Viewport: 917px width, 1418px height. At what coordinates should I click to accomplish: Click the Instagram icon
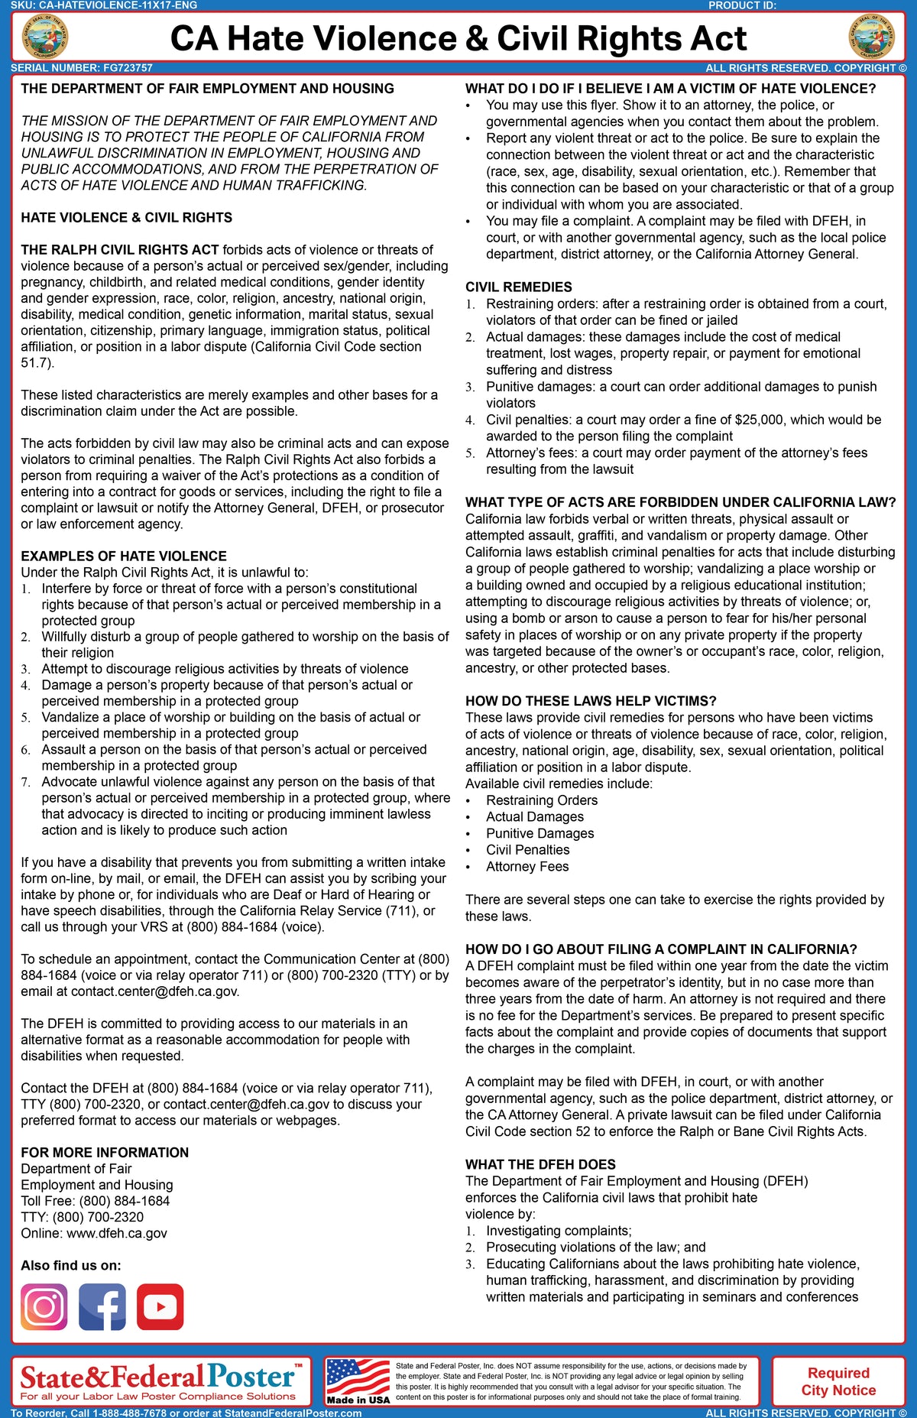click(44, 1306)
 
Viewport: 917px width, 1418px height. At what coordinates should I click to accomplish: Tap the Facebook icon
click(102, 1306)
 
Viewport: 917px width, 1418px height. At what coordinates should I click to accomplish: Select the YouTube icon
click(160, 1306)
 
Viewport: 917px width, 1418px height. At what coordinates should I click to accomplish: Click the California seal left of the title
click(45, 37)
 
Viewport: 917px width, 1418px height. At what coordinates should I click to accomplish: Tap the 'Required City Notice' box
click(838, 1381)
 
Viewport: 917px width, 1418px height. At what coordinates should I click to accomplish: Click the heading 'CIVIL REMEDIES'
click(518, 287)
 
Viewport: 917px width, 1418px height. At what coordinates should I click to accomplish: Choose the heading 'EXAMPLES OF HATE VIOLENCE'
click(124, 556)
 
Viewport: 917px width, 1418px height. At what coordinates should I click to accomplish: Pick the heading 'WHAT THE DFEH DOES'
click(540, 1164)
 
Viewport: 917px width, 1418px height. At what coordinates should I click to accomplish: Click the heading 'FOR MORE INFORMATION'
click(105, 1152)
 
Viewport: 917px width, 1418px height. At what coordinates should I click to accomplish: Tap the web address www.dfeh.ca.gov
click(117, 1233)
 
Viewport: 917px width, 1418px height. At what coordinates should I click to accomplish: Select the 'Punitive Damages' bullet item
click(540, 833)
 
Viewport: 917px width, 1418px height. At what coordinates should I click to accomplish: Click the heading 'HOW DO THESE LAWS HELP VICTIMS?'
click(591, 701)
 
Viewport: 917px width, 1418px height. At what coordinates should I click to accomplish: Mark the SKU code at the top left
click(104, 5)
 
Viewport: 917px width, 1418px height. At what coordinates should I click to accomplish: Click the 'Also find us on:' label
click(71, 1265)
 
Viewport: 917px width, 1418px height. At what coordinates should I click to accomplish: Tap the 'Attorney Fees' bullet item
click(527, 866)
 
